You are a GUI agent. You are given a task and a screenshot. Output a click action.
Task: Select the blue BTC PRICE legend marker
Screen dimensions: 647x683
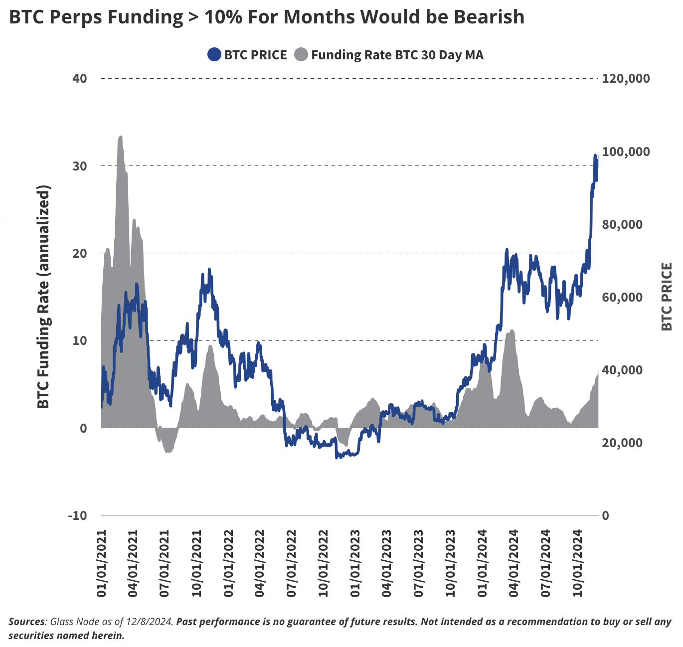coord(214,55)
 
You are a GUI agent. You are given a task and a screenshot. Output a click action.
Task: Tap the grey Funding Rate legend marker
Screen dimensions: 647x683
coord(301,55)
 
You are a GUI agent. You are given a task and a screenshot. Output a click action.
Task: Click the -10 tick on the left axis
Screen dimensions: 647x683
coord(77,515)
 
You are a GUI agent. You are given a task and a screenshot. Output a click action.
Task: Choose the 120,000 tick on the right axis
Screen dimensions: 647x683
coord(626,78)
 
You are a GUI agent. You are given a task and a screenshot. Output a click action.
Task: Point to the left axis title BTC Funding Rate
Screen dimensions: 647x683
coord(44,297)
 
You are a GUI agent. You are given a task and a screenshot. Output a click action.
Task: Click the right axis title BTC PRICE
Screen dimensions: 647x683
coord(667,297)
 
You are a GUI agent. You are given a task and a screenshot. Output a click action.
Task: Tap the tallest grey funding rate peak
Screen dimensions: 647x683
coord(120,138)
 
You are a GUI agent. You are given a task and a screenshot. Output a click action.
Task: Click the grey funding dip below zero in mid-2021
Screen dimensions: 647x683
coord(168,449)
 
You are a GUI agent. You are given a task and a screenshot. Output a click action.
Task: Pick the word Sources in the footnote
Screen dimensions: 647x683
coord(26,622)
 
